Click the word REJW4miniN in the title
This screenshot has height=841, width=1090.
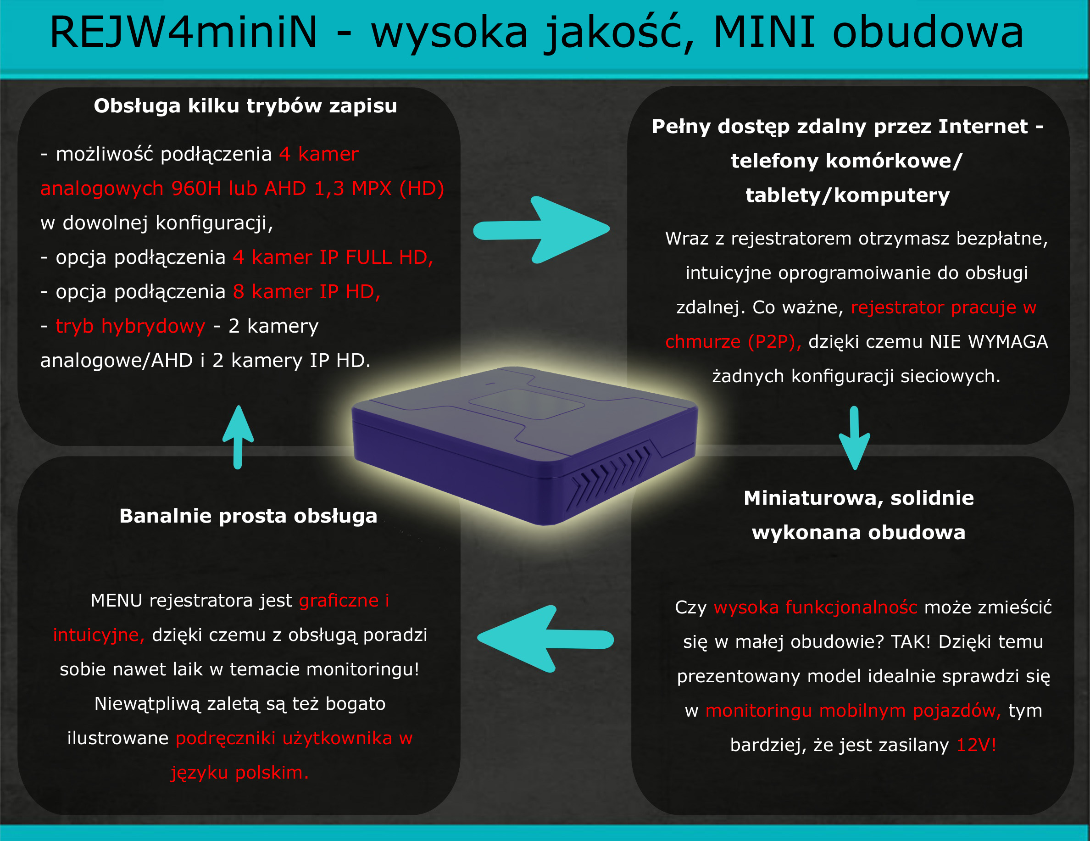[184, 32]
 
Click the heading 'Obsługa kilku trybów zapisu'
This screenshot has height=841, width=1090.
[245, 106]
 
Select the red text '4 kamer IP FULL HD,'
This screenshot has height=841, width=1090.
[333, 257]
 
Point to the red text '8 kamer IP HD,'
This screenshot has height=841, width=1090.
[307, 291]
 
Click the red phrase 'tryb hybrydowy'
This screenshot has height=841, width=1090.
[131, 326]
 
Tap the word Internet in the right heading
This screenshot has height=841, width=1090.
[983, 126]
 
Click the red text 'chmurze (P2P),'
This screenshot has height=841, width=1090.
[733, 342]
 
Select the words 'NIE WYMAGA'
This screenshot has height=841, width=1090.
[989, 341]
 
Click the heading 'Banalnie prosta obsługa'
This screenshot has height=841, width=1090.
[249, 516]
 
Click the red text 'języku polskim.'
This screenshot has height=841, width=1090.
[239, 773]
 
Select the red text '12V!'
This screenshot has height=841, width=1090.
[976, 745]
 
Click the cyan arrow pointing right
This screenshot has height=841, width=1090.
[541, 229]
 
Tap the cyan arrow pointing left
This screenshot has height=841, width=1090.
[545, 639]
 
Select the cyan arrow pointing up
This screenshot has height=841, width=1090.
[238, 437]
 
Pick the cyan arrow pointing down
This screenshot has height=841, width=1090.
[855, 438]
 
